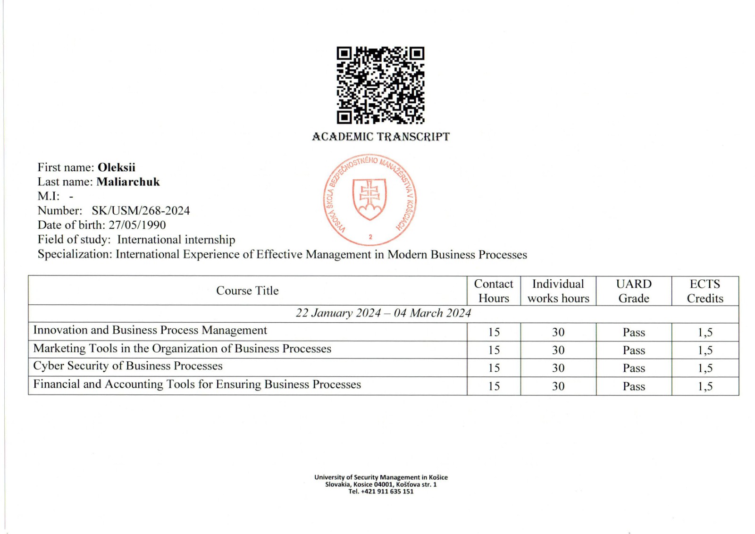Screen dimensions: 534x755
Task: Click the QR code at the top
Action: click(380, 85)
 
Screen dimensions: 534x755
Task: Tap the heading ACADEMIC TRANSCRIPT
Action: click(380, 137)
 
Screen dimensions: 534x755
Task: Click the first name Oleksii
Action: click(116, 167)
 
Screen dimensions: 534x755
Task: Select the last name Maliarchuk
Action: click(128, 182)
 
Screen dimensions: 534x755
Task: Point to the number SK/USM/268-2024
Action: click(141, 211)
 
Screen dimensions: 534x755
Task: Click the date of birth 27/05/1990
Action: click(137, 225)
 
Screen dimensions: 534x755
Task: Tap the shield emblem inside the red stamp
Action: click(369, 199)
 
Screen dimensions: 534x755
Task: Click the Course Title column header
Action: click(247, 291)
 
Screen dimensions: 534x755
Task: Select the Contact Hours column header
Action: click(494, 291)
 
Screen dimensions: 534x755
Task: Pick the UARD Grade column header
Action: click(634, 291)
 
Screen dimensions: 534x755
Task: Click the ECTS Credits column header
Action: click(705, 291)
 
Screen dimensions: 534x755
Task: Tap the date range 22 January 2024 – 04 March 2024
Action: click(383, 313)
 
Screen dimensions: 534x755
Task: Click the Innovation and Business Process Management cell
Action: click(150, 330)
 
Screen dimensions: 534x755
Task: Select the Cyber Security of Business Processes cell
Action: click(128, 366)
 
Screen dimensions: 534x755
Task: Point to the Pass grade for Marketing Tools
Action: click(634, 350)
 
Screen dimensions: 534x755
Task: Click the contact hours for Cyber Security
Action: click(494, 368)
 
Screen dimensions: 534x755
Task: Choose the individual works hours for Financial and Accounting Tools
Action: click(558, 386)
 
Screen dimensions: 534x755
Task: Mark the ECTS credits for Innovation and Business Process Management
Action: click(705, 333)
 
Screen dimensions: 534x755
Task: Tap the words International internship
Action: click(176, 240)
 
